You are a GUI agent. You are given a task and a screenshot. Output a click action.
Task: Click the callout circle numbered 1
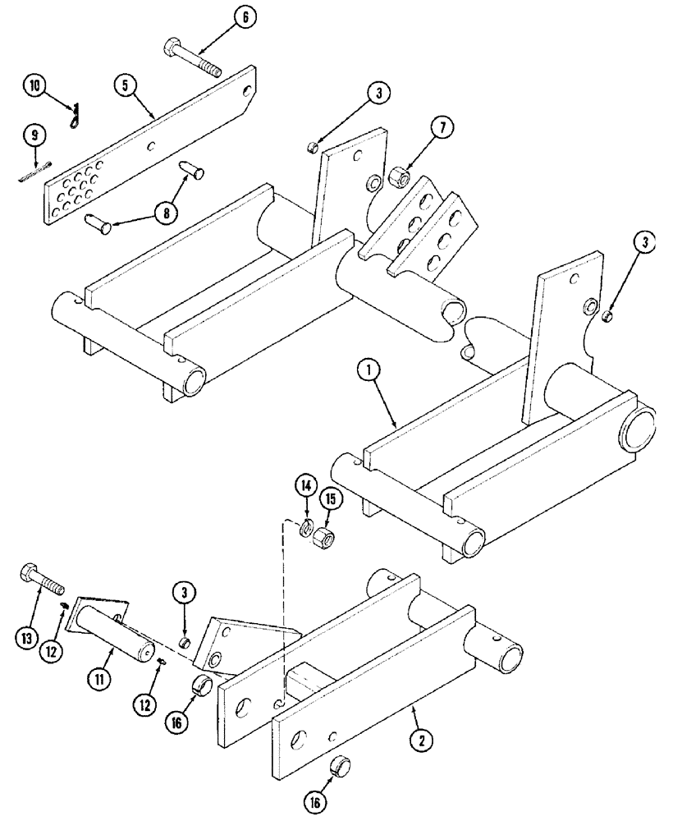(368, 373)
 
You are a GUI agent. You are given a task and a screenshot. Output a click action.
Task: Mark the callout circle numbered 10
(34, 85)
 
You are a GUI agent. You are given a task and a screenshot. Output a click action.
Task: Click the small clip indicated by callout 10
(75, 117)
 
